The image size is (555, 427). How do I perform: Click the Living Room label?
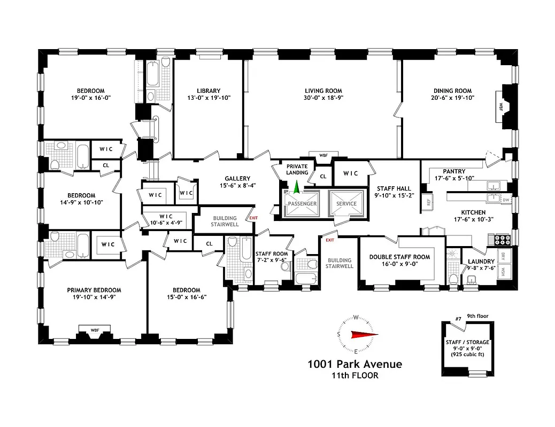tap(323, 91)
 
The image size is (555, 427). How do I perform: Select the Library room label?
tap(208, 91)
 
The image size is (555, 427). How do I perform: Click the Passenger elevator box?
tap(302, 203)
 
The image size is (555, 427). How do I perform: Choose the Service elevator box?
tap(346, 203)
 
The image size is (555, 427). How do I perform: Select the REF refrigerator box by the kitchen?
tap(428, 202)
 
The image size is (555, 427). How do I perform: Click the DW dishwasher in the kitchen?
tap(506, 200)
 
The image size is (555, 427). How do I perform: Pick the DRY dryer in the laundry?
tap(504, 256)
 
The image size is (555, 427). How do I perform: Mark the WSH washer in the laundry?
tap(504, 273)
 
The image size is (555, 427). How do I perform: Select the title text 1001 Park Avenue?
tap(354, 365)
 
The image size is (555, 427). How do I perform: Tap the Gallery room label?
tap(237, 179)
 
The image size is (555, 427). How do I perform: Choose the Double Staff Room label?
tap(399, 257)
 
